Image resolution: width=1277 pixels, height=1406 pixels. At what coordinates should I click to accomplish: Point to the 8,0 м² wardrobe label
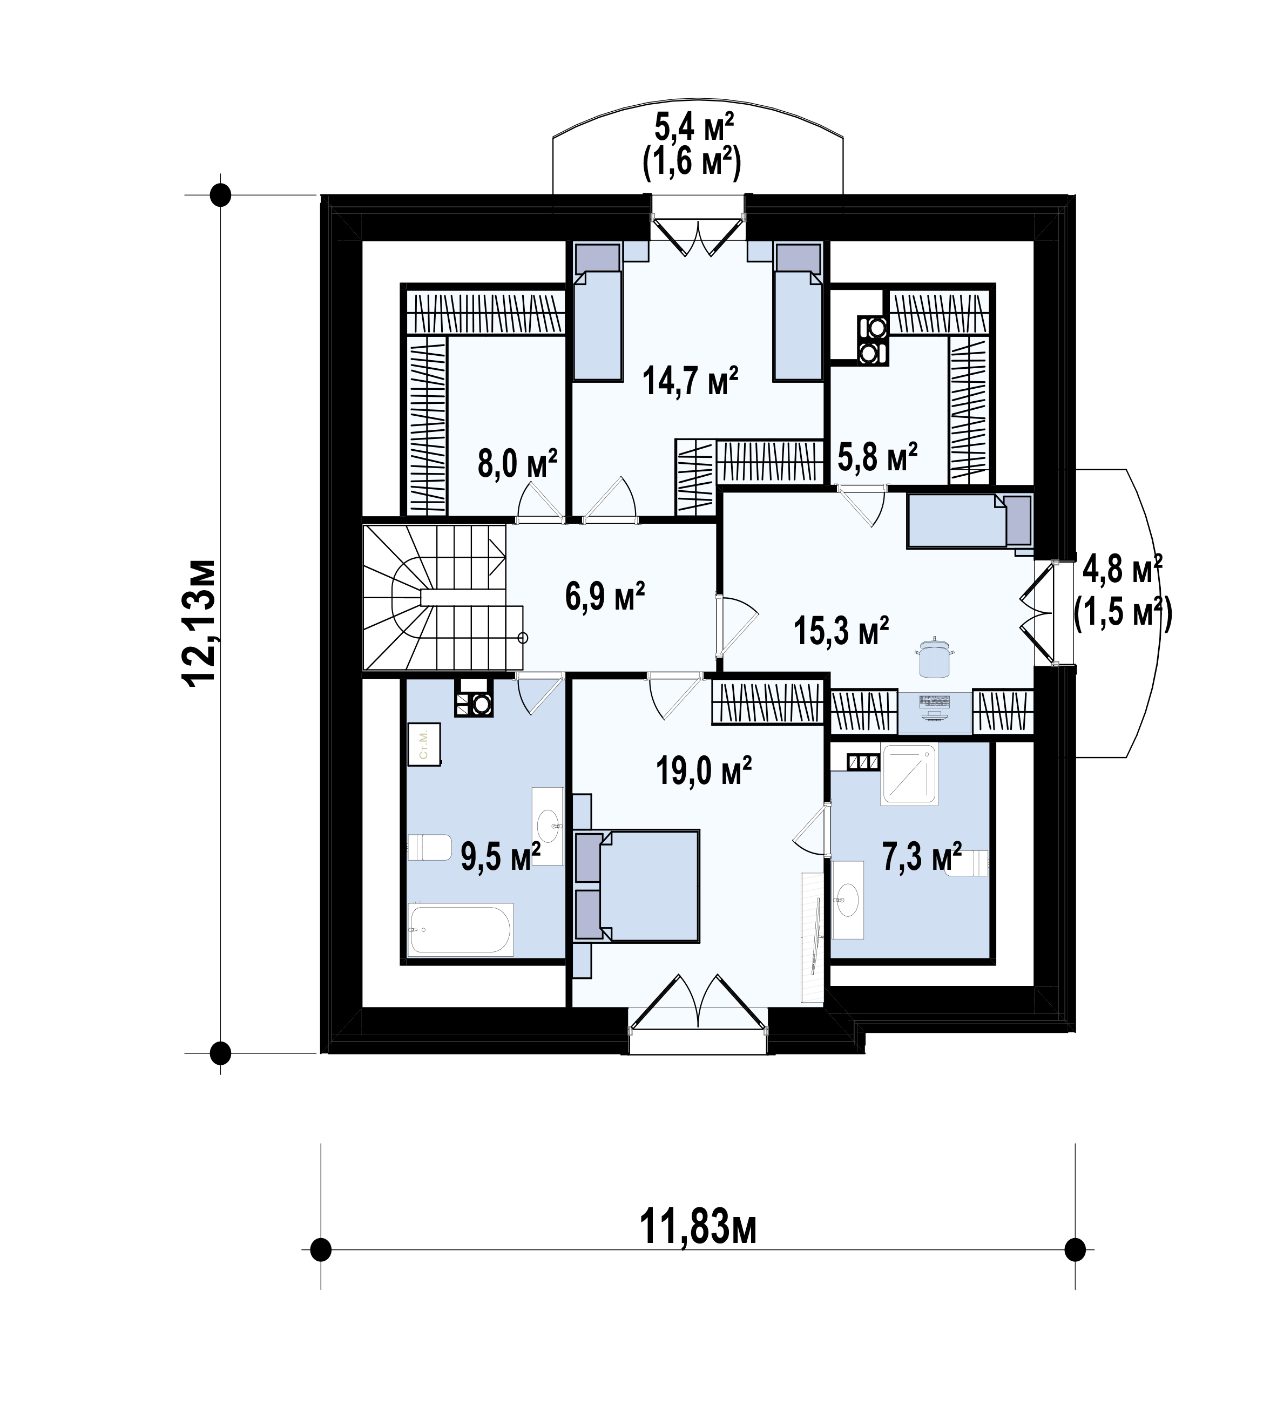click(x=517, y=463)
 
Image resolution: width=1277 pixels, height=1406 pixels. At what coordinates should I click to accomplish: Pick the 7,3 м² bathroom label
click(x=922, y=856)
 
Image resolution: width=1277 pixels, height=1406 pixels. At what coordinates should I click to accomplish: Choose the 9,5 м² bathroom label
click(x=500, y=856)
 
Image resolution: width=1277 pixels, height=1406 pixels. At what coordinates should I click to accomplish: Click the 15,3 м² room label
click(x=840, y=631)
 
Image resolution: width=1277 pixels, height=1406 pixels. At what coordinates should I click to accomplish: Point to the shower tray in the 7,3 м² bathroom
click(x=909, y=774)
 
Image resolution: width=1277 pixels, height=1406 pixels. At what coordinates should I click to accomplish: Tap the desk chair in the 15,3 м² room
click(x=934, y=660)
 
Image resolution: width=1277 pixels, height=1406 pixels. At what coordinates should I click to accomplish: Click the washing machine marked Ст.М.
click(x=423, y=744)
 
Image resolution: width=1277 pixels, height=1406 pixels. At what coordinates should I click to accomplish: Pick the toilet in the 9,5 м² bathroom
click(x=429, y=847)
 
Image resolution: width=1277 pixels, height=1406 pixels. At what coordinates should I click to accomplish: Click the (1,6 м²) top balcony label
click(x=691, y=162)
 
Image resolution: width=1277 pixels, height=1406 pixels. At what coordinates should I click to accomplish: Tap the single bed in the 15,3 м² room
click(x=969, y=521)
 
